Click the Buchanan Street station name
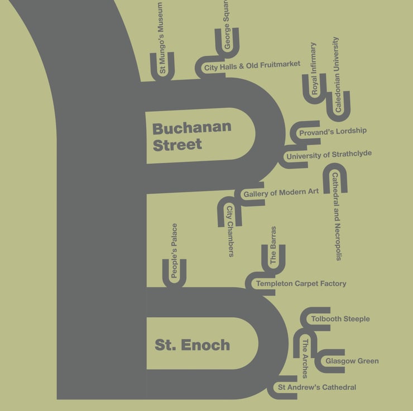[191, 136]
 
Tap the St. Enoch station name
[192, 345]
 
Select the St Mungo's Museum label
[162, 38]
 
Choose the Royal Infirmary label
[314, 69]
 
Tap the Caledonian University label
[337, 75]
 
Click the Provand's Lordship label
[333, 132]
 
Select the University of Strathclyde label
[329, 155]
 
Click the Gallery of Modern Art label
[281, 193]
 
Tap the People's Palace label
[174, 251]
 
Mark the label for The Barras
[273, 245]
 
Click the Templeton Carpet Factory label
[301, 284]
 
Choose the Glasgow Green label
[352, 361]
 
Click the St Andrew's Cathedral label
[316, 388]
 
